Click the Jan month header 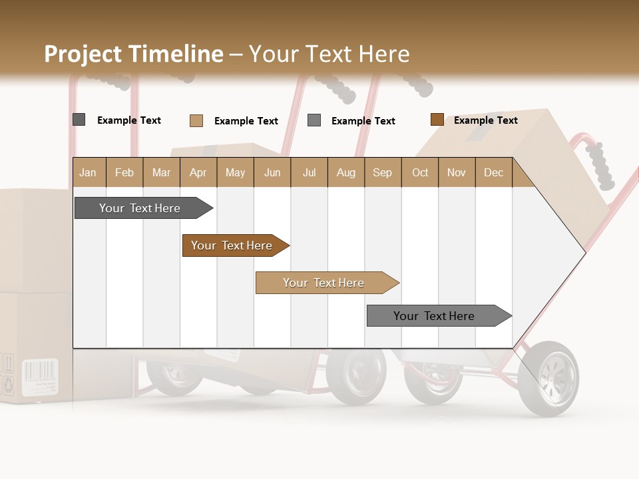tap(88, 172)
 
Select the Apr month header tap(198, 172)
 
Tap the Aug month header tap(345, 172)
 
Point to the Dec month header tap(493, 172)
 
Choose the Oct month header tap(420, 172)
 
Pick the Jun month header tap(272, 172)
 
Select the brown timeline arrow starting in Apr tap(233, 245)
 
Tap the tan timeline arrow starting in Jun tap(325, 283)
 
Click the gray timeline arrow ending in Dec tap(436, 316)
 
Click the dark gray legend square tap(79, 120)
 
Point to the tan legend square tap(196, 120)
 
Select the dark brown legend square tap(437, 120)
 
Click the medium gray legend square tap(314, 120)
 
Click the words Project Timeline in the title tap(133, 54)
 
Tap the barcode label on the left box tap(40, 378)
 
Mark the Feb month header tap(124, 172)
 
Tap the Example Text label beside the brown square tap(485, 120)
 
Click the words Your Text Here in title tap(329, 54)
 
